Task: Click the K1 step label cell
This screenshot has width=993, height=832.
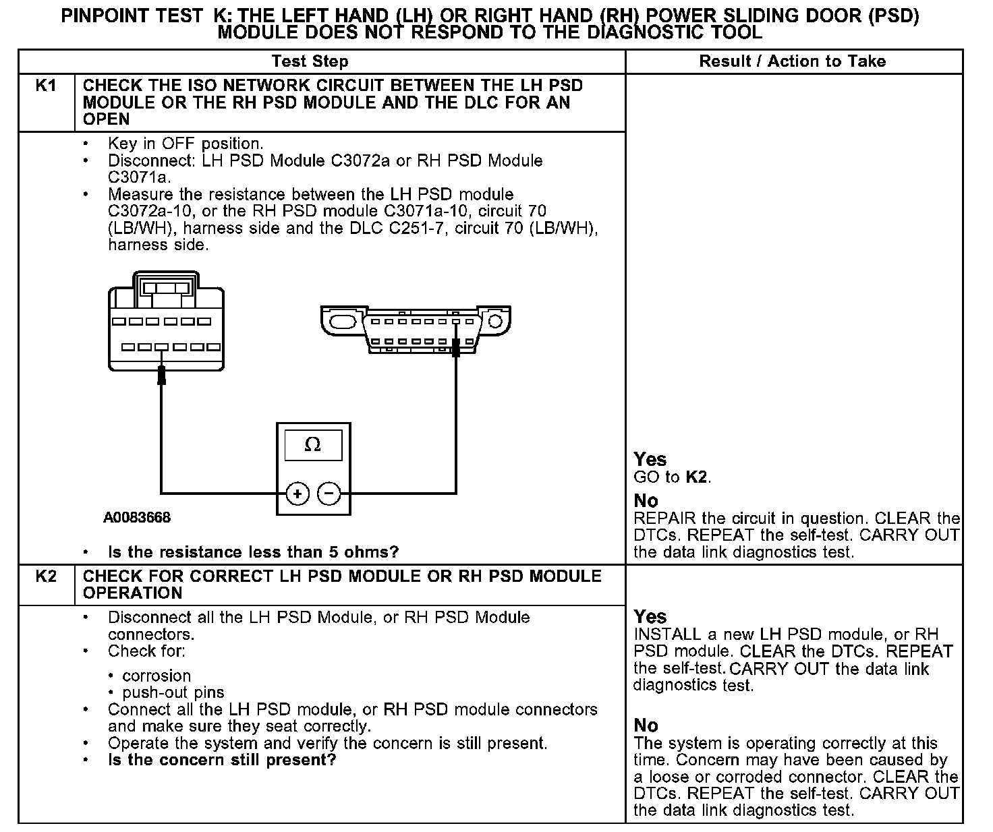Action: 45,86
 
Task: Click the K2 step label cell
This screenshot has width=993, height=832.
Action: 45,577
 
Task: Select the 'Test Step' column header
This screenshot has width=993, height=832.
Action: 310,61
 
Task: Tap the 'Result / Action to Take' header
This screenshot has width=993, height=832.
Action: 792,61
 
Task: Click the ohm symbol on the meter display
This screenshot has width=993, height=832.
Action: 313,445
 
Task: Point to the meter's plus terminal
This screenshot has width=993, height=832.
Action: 297,494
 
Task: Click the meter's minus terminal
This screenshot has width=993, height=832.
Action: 329,494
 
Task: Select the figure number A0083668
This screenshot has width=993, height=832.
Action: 137,518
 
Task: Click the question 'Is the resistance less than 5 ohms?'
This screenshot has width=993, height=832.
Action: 253,552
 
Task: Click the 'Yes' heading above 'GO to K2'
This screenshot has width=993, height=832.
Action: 650,460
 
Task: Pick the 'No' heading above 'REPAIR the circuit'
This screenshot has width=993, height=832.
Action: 646,501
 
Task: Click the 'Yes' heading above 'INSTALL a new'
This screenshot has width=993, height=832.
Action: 650,617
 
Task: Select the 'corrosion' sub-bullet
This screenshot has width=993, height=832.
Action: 157,676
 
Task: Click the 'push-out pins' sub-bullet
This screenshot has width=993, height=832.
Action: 173,692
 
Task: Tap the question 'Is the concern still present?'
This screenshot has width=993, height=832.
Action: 222,760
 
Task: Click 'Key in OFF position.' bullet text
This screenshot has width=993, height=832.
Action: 186,144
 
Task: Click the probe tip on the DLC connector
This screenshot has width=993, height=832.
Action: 456,347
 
